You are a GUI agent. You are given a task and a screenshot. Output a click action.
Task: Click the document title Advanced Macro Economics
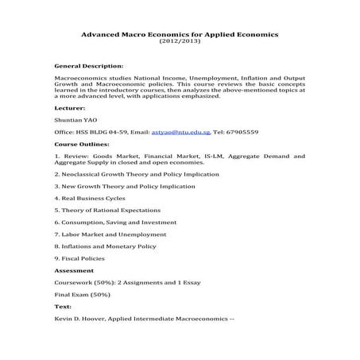tap(180, 34)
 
